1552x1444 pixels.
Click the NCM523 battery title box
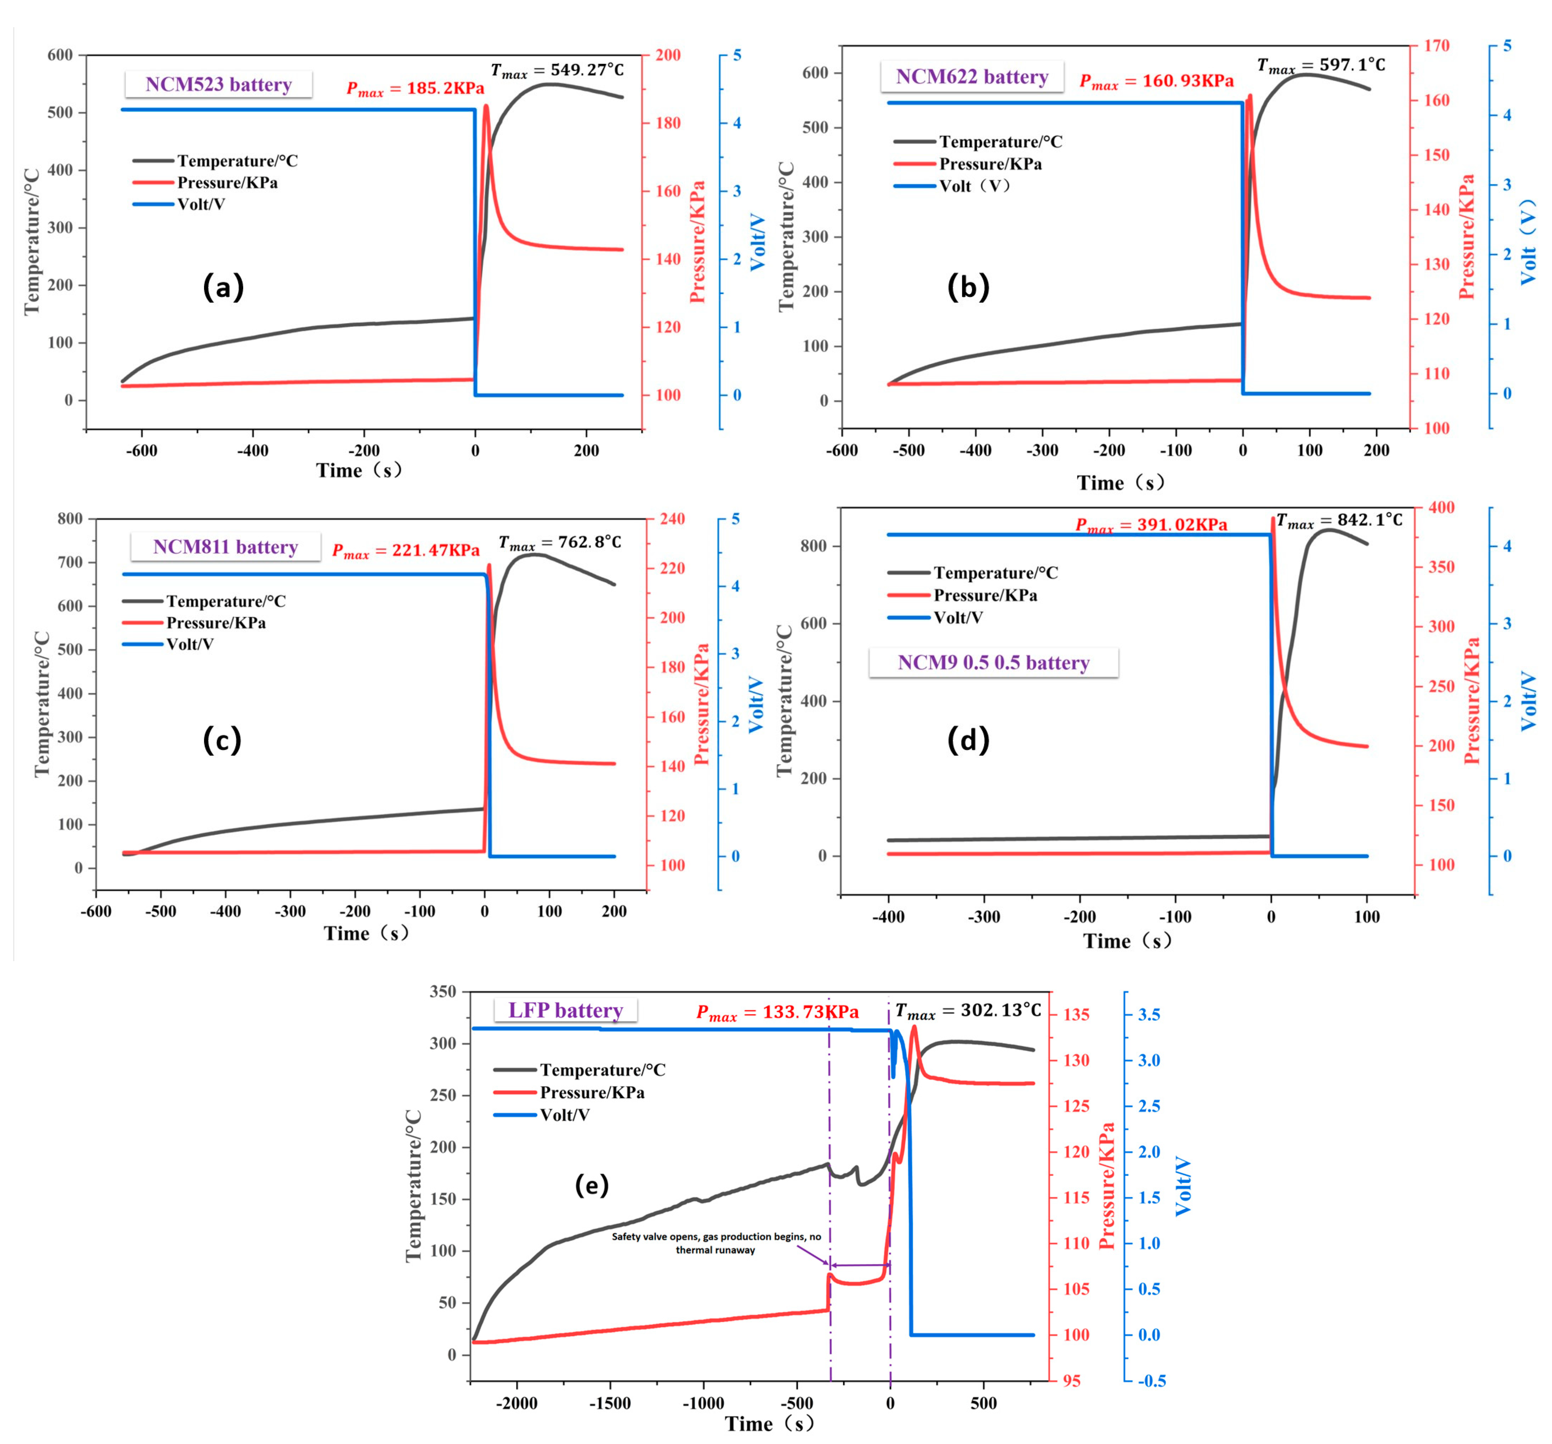[218, 84]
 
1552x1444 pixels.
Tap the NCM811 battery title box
[226, 546]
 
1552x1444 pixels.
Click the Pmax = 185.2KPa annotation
[415, 88]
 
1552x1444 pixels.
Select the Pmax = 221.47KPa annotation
[406, 550]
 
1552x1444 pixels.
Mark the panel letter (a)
[223, 287]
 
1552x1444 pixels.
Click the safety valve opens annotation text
[716, 1242]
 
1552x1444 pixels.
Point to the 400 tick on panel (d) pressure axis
[1441, 507]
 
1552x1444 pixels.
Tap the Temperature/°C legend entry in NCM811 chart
[226, 601]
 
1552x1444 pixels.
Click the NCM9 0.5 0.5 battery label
[993, 663]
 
